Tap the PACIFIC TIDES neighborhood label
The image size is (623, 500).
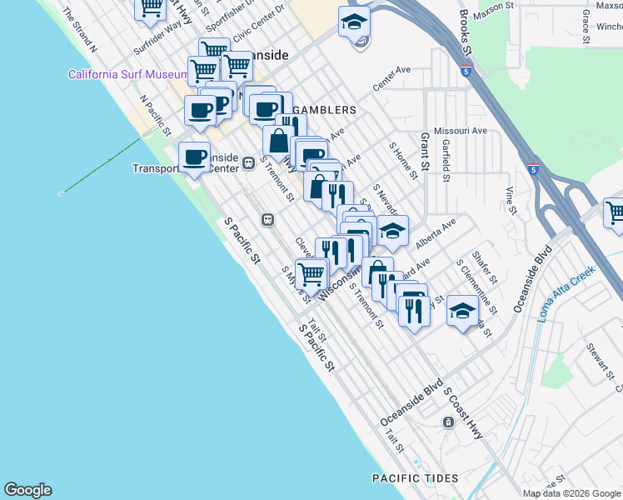(x=415, y=478)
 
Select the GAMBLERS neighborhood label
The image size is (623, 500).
(x=326, y=110)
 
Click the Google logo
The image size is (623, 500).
(x=27, y=490)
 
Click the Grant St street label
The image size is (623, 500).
(x=425, y=148)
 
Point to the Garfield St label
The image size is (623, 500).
(x=446, y=160)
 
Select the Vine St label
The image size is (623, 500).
(x=510, y=198)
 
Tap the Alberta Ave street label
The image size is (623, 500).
(x=436, y=230)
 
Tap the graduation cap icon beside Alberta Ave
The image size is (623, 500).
(x=393, y=231)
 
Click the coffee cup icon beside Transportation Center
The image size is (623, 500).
(x=195, y=157)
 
